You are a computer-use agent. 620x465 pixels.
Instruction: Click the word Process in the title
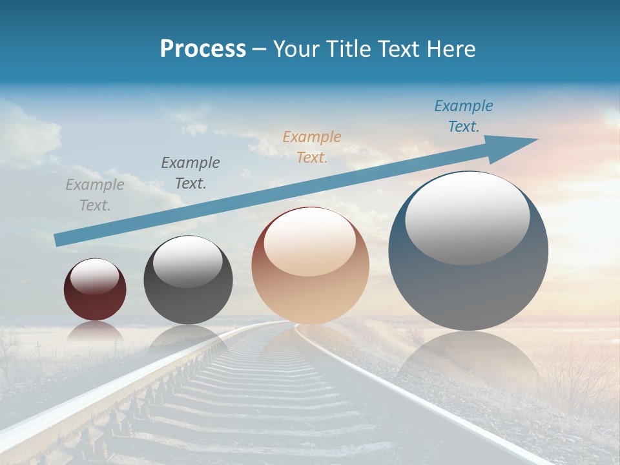click(203, 49)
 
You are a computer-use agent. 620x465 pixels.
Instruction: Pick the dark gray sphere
click(188, 300)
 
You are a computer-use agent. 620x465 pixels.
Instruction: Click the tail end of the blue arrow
click(58, 240)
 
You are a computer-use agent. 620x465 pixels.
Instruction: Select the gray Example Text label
click(95, 195)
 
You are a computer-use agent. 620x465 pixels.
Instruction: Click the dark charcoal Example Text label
click(191, 173)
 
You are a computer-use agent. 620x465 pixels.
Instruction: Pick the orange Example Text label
click(312, 147)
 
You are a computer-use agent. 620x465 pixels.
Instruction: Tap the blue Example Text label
click(464, 116)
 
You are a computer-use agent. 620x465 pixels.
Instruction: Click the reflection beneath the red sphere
click(95, 332)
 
